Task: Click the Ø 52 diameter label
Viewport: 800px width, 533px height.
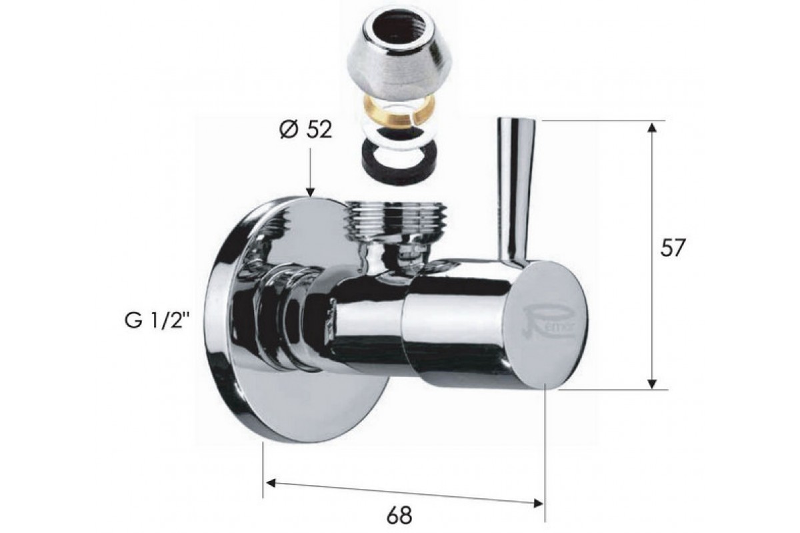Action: click(306, 130)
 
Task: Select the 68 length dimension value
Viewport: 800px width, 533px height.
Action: click(399, 515)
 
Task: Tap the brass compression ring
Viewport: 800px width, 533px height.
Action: click(398, 113)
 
